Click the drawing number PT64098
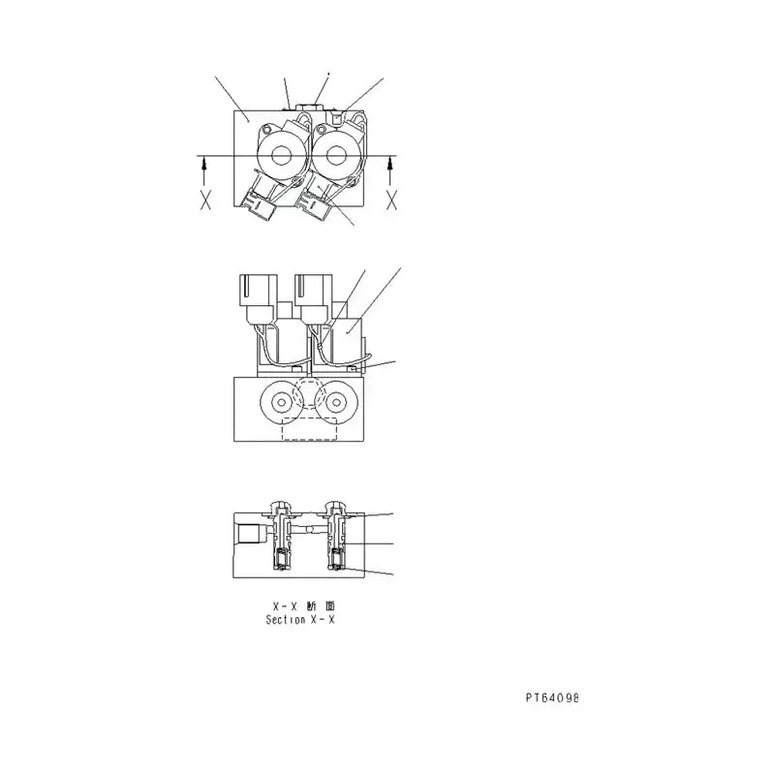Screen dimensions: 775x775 (552, 697)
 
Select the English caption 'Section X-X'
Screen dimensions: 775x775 (299, 619)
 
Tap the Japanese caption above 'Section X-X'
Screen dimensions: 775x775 (299, 605)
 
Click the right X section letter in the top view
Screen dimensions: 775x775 (391, 201)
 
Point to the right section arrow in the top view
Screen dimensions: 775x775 (391, 170)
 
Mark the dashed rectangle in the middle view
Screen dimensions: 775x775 (309, 430)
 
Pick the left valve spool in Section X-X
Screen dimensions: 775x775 (281, 537)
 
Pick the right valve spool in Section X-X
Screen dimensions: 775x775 (338, 537)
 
